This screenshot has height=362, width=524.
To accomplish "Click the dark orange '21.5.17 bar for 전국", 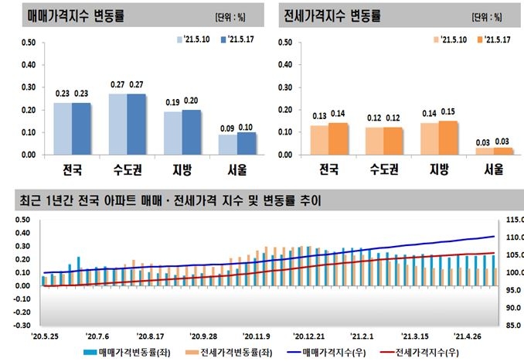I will click(x=338, y=138).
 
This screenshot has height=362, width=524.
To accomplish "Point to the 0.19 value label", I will click(x=172, y=103).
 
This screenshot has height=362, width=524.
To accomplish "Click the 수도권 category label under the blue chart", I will click(x=127, y=168).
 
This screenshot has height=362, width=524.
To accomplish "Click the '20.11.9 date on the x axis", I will click(x=256, y=336).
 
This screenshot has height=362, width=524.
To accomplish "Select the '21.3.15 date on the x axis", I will click(x=415, y=336).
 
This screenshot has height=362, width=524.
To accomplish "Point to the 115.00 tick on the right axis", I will click(x=511, y=219).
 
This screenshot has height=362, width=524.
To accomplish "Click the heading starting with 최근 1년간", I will click(x=170, y=201).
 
